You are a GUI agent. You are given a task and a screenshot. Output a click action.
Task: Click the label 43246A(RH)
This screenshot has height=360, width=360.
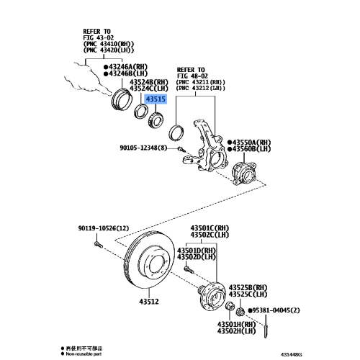[127, 66]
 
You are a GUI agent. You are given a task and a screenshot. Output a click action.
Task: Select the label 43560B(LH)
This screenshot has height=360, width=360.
[254, 150]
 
